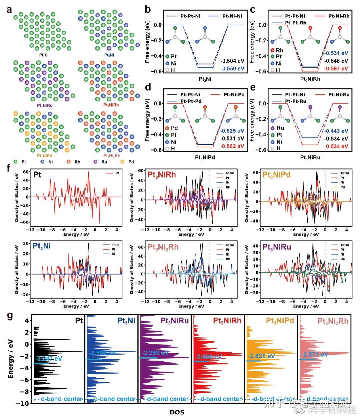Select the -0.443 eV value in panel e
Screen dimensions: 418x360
(336, 131)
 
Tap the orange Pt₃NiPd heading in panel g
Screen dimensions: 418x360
(280, 321)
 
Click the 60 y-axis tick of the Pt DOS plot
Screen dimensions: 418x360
(25, 172)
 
